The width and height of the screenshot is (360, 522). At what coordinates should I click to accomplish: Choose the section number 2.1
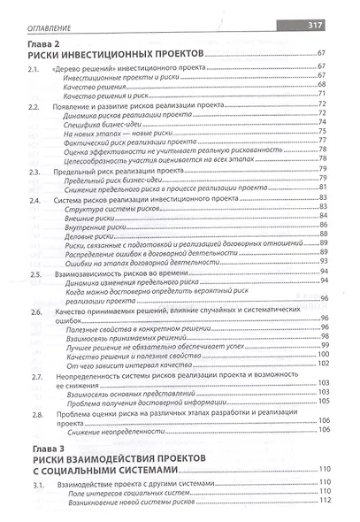pos(35,69)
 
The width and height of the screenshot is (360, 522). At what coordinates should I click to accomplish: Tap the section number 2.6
pos(35,312)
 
